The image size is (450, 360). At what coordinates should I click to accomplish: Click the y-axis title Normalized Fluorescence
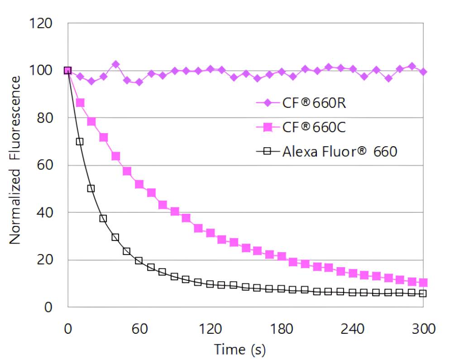[15, 160]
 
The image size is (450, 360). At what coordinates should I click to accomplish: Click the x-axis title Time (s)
[239, 349]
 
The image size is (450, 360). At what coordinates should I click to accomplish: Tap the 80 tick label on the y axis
[44, 118]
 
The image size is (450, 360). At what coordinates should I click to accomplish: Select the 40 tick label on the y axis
[44, 212]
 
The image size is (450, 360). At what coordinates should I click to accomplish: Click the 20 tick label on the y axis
[44, 260]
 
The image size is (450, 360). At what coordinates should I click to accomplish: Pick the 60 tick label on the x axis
[139, 328]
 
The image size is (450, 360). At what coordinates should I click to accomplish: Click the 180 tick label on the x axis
[281, 328]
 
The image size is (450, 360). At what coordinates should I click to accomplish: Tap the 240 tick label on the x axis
[352, 328]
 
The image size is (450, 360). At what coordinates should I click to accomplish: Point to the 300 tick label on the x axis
[423, 328]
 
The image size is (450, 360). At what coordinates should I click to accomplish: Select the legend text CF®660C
[314, 128]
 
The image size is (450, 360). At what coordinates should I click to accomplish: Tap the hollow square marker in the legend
[267, 152]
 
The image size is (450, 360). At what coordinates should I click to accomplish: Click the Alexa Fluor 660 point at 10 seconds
[80, 142]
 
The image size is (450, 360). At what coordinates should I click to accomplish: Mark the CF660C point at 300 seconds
[423, 283]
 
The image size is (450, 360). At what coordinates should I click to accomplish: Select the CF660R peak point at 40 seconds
[115, 64]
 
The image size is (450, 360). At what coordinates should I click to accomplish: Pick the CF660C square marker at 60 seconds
[139, 184]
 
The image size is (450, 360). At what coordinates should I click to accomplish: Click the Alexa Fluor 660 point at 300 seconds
[423, 293]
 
